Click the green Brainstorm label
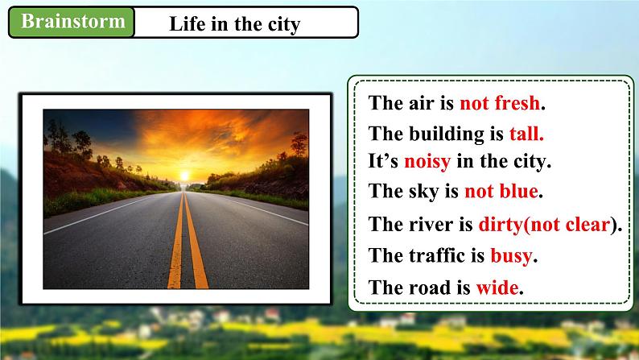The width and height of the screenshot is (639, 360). pos(72,22)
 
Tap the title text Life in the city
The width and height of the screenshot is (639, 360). pos(234,24)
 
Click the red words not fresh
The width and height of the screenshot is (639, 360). pos(500,103)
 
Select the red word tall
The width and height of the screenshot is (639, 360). pos(526,134)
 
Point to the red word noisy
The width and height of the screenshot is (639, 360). pos(427,162)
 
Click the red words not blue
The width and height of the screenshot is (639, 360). pos(501,191)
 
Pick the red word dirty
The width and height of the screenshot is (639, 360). pos(501,225)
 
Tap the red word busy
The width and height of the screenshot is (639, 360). pos(511,256)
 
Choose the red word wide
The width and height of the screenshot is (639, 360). pos(497,288)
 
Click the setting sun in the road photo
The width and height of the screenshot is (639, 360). pos(184,176)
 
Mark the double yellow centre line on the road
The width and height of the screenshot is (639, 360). pos(187,241)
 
